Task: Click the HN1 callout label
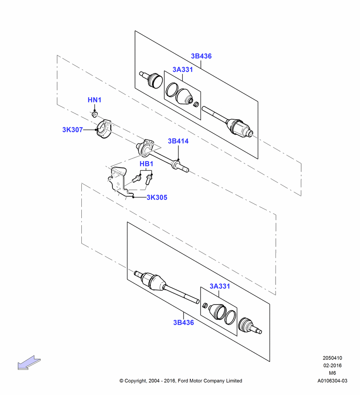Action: point(94,100)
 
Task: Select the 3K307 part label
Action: point(73,130)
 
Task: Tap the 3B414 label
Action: point(178,141)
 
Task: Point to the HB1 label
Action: point(146,164)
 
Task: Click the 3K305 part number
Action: point(157,197)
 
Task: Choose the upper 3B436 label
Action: point(201,56)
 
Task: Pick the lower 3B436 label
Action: point(184,322)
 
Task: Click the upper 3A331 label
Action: point(183,70)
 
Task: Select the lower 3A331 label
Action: point(220,286)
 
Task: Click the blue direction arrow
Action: point(29,363)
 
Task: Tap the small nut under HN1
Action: point(94,115)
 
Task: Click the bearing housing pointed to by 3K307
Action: point(104,129)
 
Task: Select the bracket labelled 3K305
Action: point(118,181)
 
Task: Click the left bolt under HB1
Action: point(136,179)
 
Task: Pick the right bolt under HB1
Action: point(148,179)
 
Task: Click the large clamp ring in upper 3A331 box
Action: point(172,90)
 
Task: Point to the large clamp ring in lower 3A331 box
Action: point(231,317)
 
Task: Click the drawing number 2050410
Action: point(332,358)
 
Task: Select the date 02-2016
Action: point(332,365)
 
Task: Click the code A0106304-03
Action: point(332,381)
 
